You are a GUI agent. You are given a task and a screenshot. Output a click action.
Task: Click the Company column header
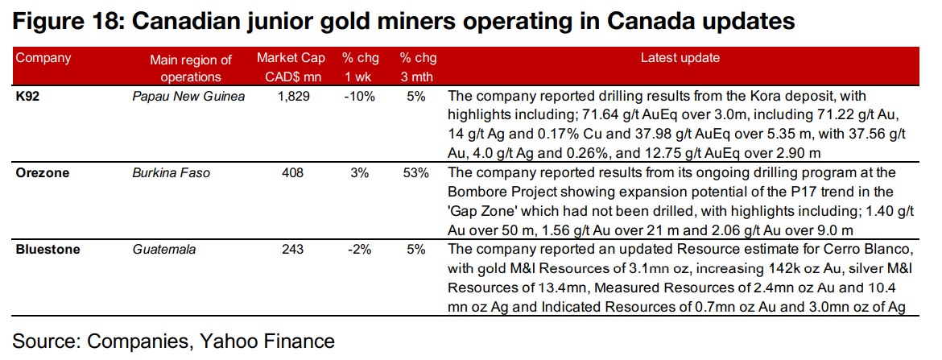tap(43, 58)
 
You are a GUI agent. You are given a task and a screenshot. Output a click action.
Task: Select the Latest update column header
tap(680, 58)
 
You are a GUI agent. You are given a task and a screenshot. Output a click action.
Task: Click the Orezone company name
tap(41, 172)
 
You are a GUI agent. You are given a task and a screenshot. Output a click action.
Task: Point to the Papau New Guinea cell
tap(189, 96)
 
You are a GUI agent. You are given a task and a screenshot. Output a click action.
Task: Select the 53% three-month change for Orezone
tap(416, 172)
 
